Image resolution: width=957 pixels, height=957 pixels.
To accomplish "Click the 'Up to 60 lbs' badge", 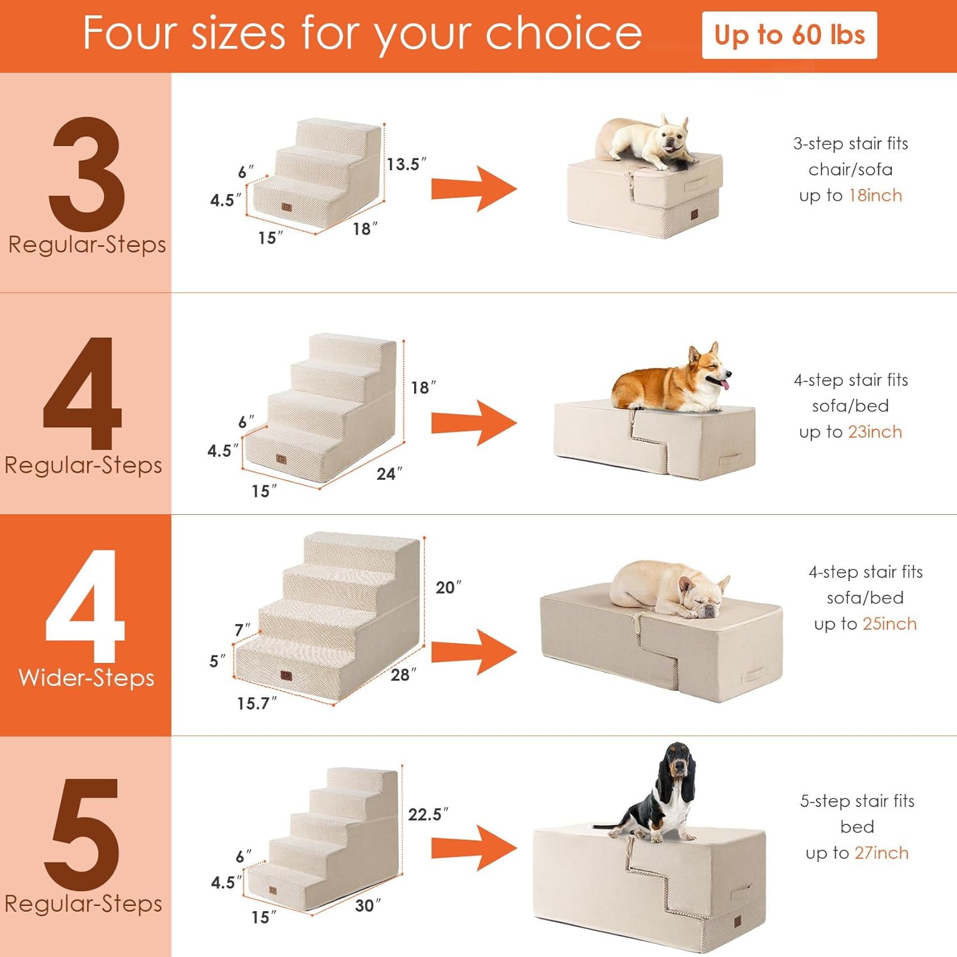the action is (x=789, y=35).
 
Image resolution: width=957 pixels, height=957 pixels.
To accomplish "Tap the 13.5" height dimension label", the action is (x=406, y=164).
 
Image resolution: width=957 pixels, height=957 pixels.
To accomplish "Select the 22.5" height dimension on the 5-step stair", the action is (x=428, y=814).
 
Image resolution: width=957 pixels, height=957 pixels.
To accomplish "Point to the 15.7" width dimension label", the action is (x=257, y=703).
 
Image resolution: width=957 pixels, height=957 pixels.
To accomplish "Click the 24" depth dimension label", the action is (x=389, y=473).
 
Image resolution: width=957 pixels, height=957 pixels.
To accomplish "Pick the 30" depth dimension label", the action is (x=368, y=905).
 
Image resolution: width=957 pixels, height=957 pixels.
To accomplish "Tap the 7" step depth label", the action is (x=242, y=630).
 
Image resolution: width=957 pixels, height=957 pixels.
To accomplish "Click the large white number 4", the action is (x=85, y=606).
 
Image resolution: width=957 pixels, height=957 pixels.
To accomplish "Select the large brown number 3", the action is (x=87, y=174).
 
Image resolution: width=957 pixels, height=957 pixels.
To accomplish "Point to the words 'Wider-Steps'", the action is (x=87, y=678).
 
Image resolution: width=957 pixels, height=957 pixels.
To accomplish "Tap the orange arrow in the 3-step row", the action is (x=474, y=189).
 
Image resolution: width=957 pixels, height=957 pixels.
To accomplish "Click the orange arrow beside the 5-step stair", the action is (x=474, y=848).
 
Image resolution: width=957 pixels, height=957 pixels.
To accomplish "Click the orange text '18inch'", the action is (x=875, y=195).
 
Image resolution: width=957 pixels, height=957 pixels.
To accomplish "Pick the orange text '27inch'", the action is (x=882, y=853).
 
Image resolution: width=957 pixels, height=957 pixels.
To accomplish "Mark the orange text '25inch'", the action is (x=889, y=624).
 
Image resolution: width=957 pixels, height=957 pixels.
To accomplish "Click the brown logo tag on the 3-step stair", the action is (x=286, y=207).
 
